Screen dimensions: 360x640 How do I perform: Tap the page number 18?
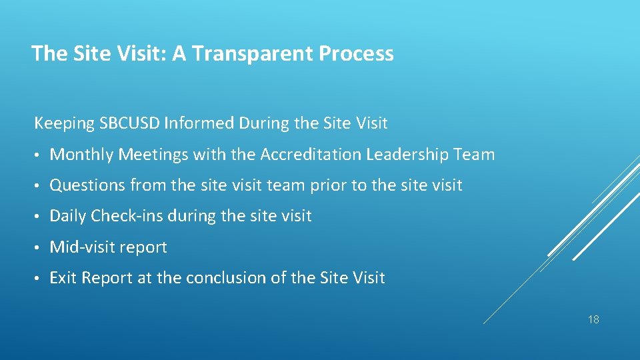tap(593, 320)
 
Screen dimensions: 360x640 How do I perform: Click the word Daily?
tap(68, 216)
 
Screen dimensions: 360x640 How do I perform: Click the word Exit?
tap(63, 278)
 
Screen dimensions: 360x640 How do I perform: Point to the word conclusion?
tap(237, 278)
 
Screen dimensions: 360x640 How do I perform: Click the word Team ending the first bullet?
tap(473, 155)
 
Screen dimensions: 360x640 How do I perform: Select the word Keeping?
tap(64, 123)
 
